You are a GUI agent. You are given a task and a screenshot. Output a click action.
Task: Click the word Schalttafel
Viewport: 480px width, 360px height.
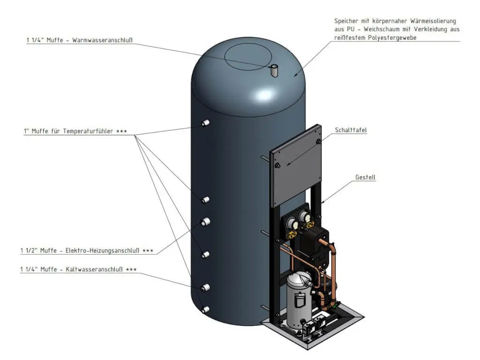click(x=351, y=130)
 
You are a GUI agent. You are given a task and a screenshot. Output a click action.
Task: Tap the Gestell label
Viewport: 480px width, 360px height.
click(x=365, y=177)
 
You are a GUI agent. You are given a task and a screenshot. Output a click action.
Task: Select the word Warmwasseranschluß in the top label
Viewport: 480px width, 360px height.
click(x=102, y=40)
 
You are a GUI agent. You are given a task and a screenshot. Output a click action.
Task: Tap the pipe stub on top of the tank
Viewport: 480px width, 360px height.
click(x=274, y=71)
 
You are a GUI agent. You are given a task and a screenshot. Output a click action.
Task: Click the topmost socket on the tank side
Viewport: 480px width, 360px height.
click(x=205, y=123)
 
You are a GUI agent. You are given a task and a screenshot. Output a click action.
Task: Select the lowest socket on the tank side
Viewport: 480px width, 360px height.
click(x=205, y=309)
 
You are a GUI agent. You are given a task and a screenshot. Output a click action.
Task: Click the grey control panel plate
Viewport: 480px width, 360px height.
click(x=295, y=165)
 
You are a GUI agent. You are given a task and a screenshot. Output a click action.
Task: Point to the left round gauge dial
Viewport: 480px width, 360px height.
click(x=290, y=225)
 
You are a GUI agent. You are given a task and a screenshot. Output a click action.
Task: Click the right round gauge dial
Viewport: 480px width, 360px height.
click(x=305, y=217)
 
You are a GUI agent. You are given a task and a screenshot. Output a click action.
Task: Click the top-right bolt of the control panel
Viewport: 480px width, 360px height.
click(x=318, y=141)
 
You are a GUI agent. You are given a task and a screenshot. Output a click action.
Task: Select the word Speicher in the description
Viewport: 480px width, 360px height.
click(x=346, y=21)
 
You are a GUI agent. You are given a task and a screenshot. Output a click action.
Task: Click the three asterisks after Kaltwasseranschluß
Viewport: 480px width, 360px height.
click(x=131, y=270)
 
